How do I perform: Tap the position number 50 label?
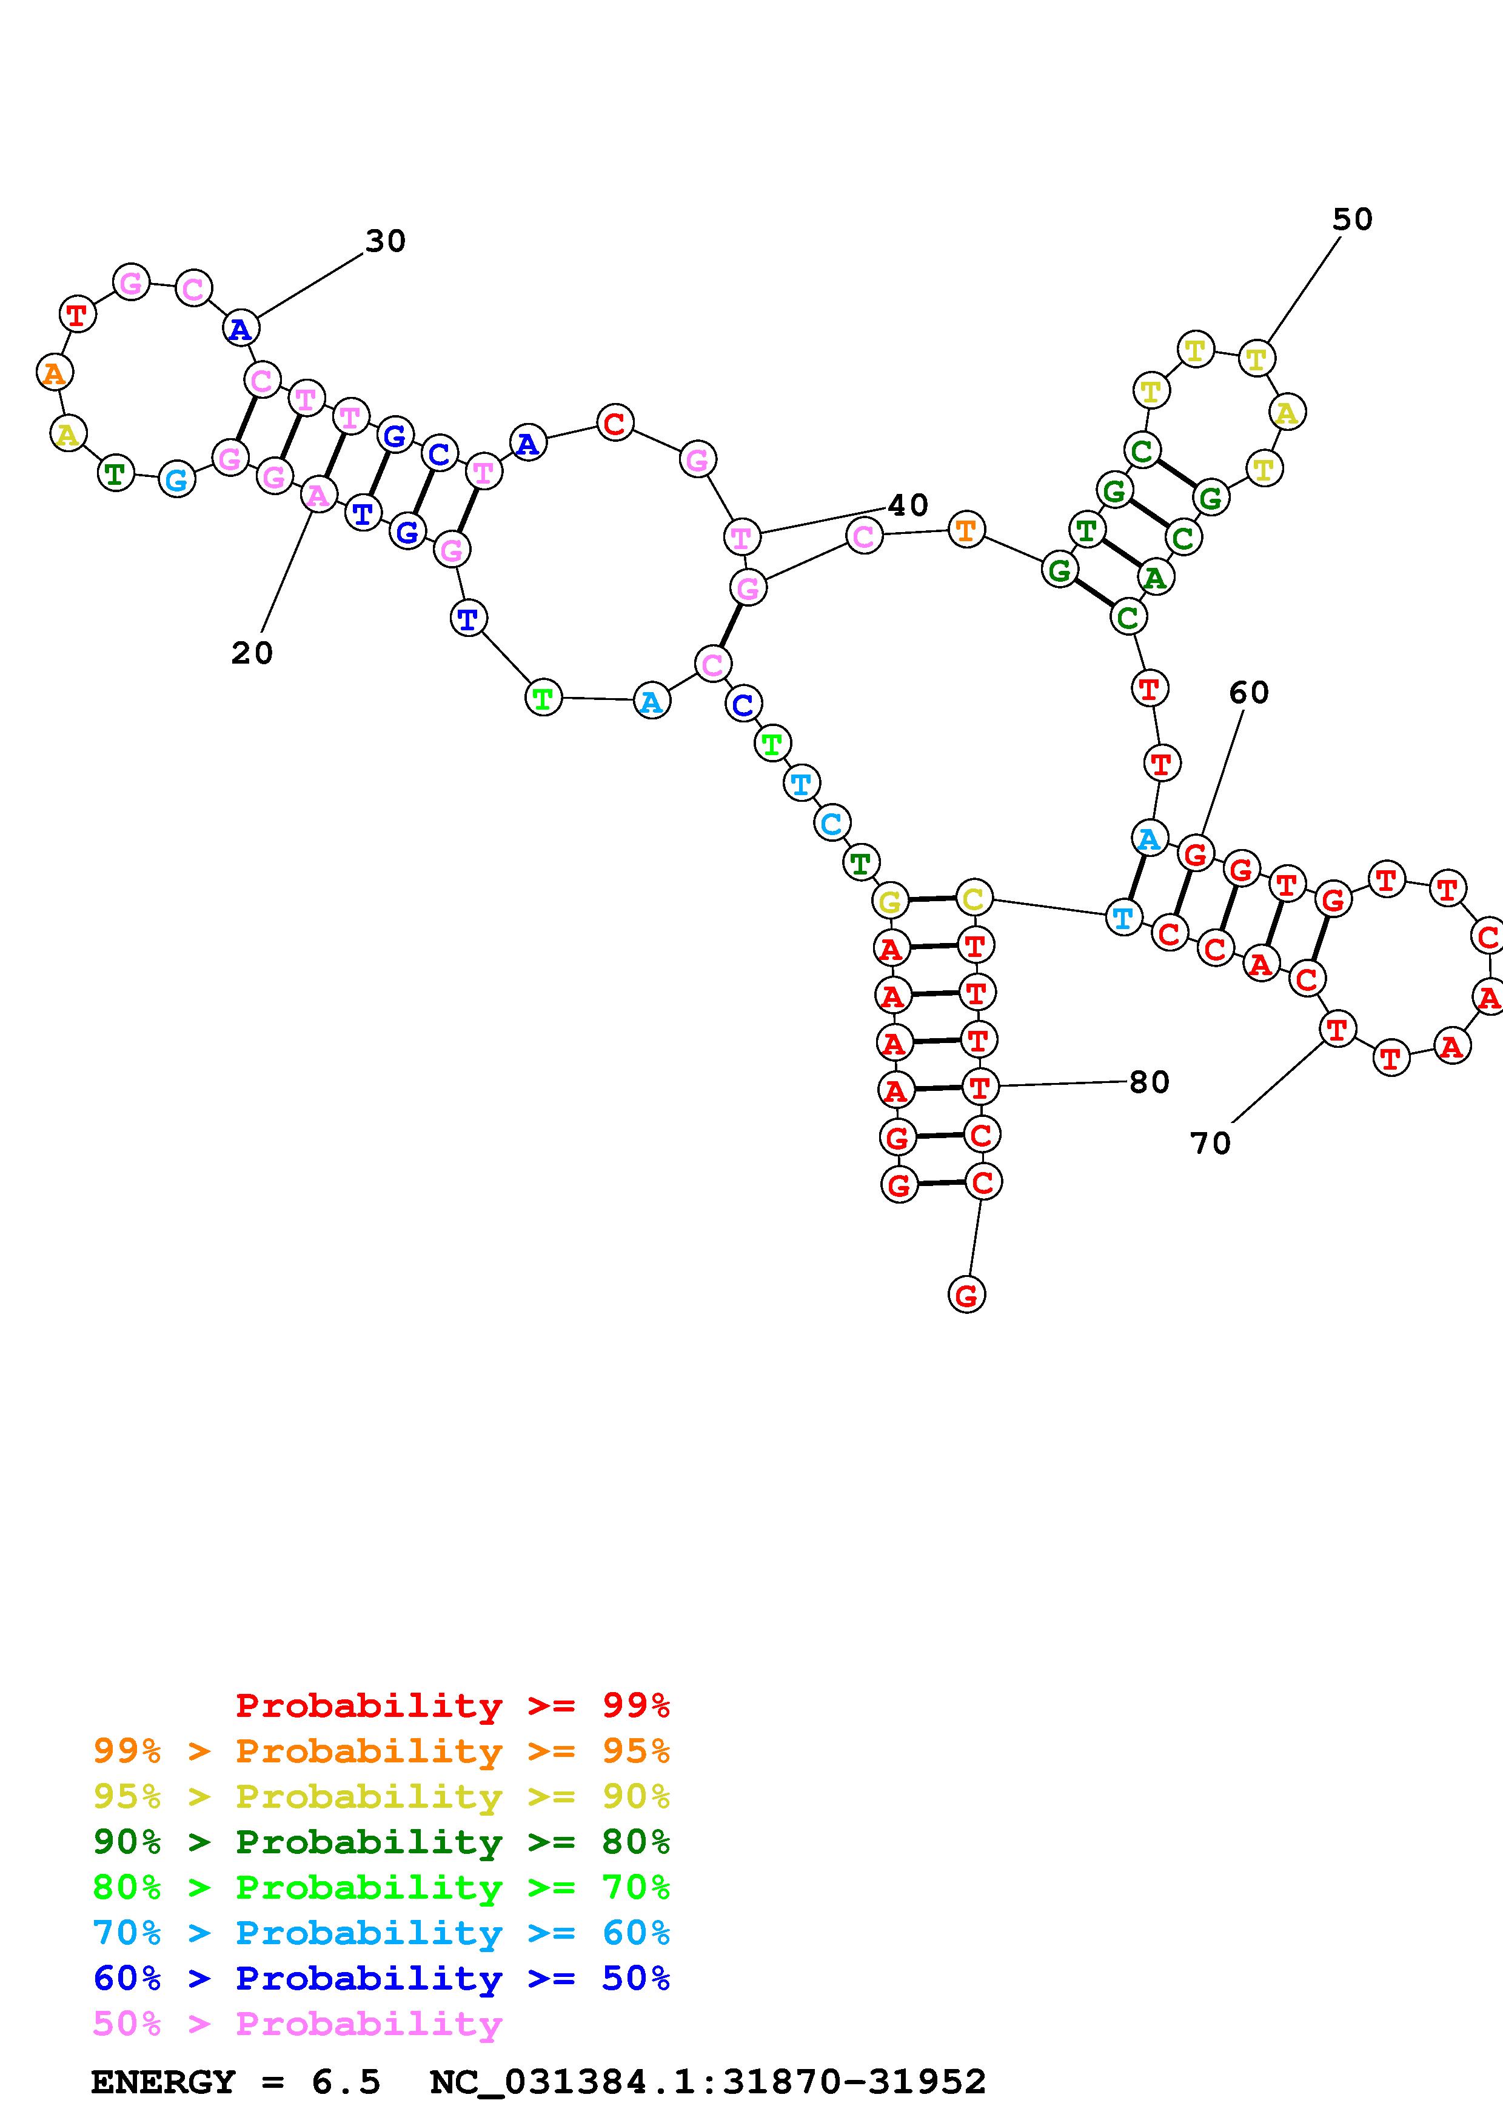coord(1351,219)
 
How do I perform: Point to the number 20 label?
coord(252,653)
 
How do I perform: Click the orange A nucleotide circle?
coord(55,373)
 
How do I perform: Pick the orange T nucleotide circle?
coord(966,530)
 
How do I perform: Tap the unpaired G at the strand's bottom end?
coord(966,1295)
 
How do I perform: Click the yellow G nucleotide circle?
coord(890,900)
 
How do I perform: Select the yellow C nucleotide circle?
coord(972,898)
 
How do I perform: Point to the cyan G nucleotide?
coord(177,479)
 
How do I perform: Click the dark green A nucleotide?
coord(1154,578)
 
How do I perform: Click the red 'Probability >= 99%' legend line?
coord(452,1705)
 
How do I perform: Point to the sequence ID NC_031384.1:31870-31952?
coord(708,2082)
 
